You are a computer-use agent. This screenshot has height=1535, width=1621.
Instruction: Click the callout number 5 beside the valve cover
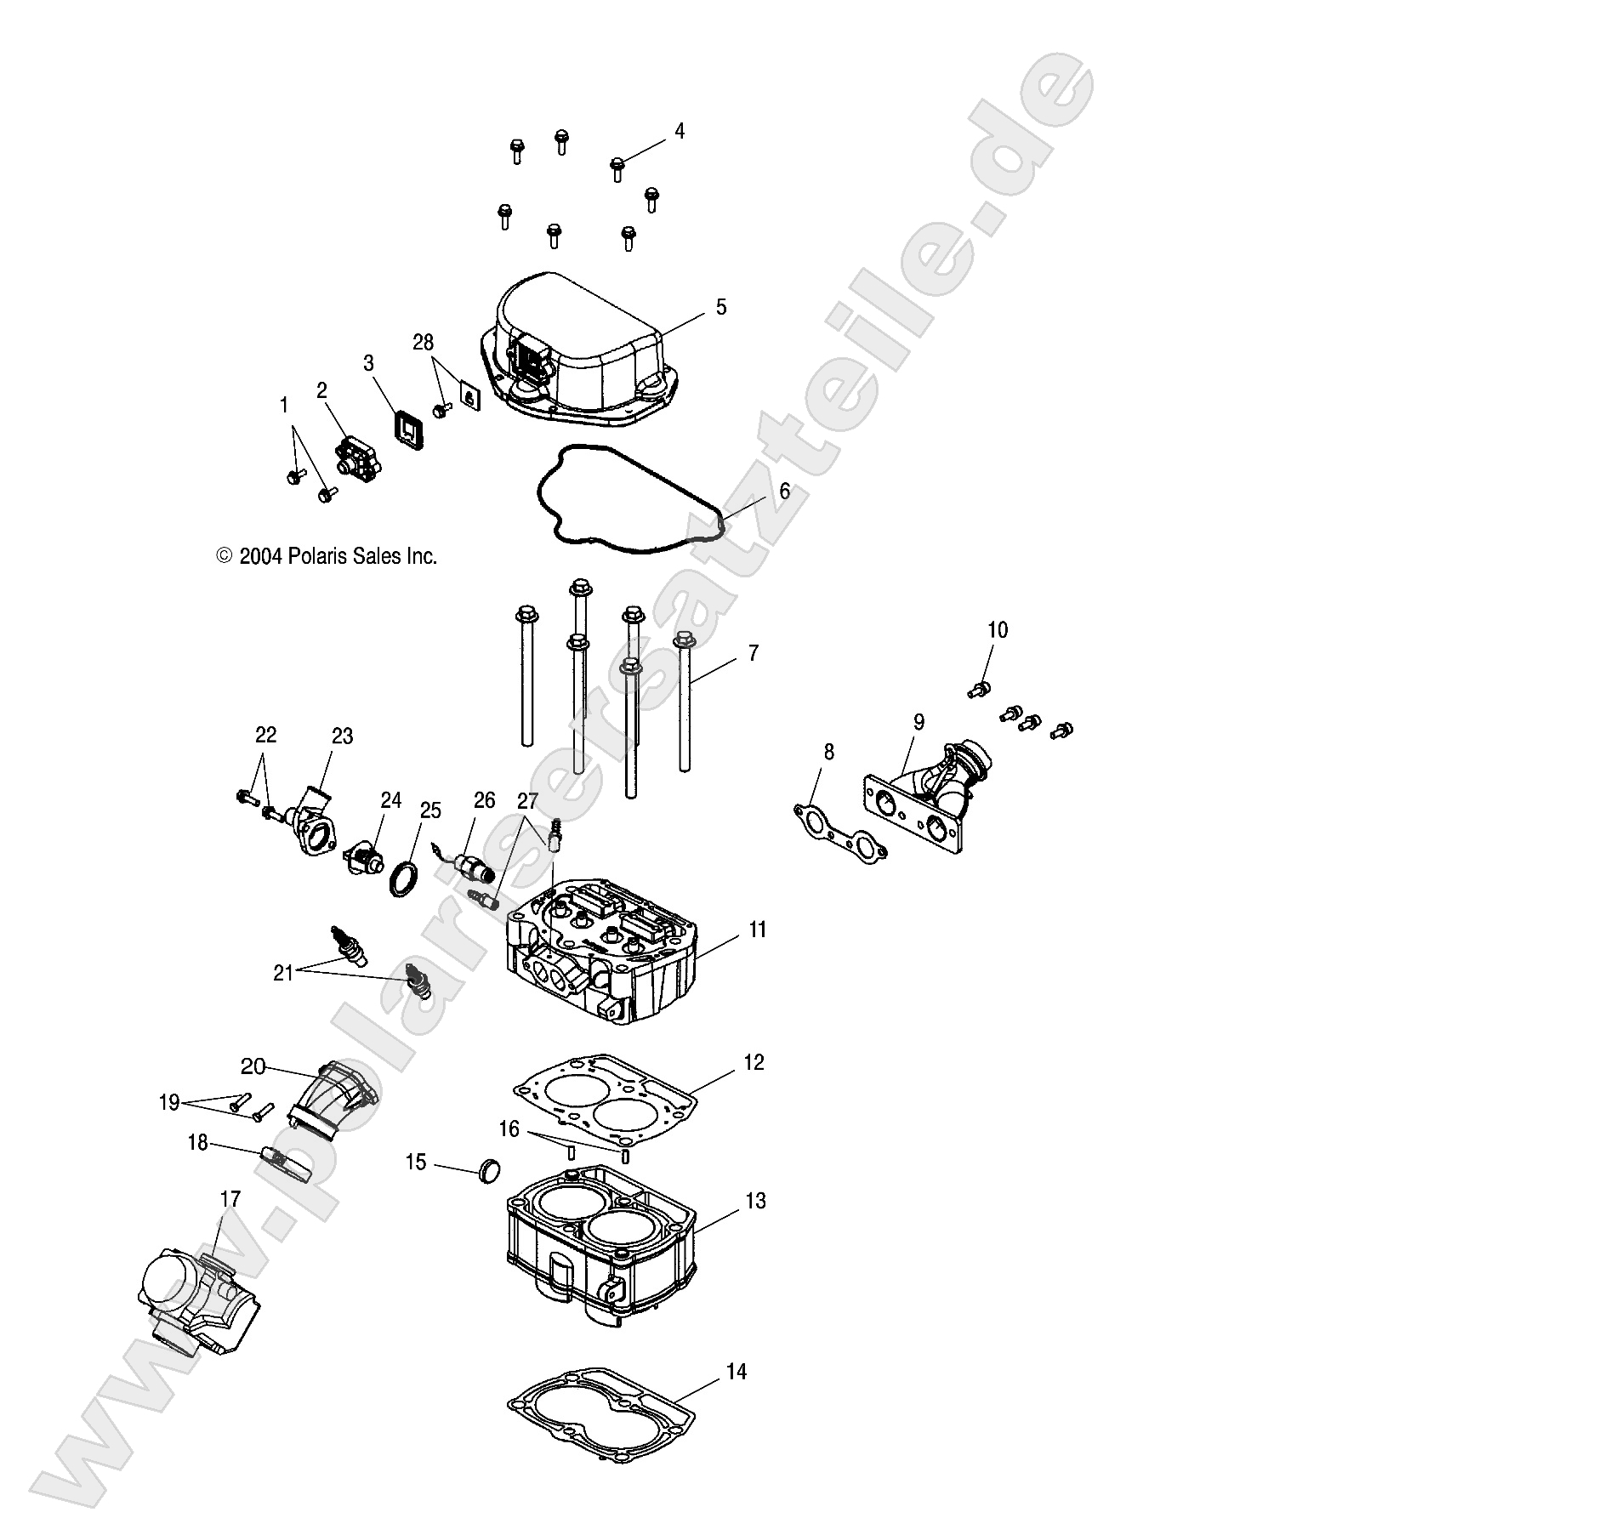point(720,307)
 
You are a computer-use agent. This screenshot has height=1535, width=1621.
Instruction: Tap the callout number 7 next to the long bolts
point(753,653)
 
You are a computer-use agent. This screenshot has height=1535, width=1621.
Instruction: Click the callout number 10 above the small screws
point(997,630)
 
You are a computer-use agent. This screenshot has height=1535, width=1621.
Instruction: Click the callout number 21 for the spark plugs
point(282,973)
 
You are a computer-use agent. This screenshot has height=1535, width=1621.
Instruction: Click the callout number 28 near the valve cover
point(423,343)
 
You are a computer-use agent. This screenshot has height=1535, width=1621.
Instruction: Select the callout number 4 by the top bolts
point(679,131)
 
